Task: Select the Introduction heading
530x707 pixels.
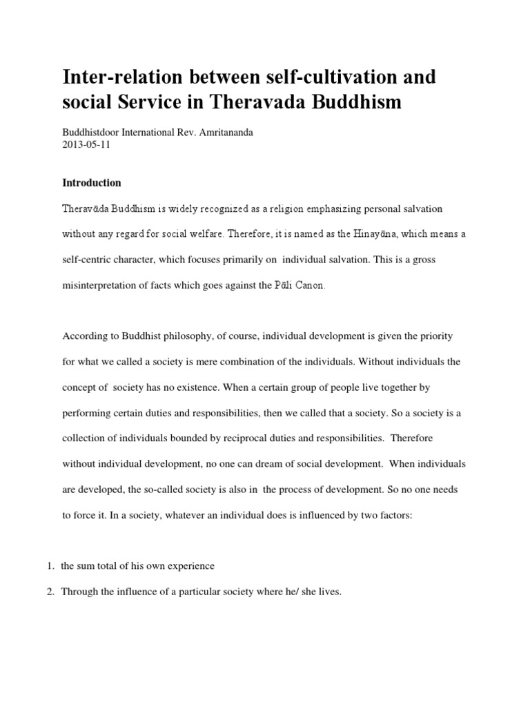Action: click(92, 183)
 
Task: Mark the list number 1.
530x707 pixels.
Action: click(50, 566)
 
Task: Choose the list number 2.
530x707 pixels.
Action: click(50, 592)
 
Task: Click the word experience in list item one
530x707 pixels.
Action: click(191, 566)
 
